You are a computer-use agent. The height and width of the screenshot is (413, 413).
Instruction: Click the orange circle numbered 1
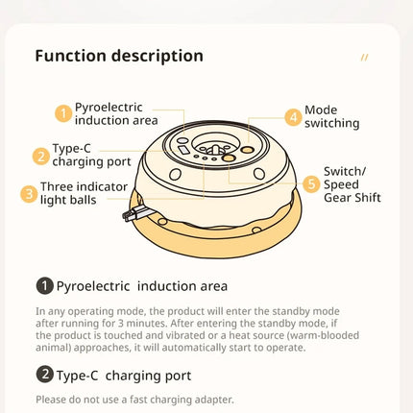63,113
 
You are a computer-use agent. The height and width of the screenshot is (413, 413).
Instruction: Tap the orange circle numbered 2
41,157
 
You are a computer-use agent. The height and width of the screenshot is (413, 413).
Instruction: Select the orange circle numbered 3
29,194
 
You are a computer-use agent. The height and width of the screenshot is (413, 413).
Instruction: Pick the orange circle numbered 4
293,117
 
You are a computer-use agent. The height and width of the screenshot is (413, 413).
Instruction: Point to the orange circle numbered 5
311,184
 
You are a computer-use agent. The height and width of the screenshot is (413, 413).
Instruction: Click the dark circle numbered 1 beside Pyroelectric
44,285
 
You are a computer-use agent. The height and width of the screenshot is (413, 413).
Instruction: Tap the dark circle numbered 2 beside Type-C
44,375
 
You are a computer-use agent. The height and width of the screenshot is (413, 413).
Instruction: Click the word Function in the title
70,56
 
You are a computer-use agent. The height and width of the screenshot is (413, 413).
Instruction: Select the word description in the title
158,57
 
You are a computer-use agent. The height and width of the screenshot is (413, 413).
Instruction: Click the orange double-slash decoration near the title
364,58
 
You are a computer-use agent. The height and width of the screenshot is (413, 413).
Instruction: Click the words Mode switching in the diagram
331,116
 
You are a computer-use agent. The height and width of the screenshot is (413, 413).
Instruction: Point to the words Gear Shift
352,198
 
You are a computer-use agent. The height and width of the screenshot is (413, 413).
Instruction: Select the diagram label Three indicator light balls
84,193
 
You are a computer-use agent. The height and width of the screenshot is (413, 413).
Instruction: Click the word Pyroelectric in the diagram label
109,108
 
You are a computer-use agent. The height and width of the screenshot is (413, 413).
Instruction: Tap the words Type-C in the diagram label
72,148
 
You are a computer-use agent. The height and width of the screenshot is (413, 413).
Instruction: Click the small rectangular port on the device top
183,149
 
